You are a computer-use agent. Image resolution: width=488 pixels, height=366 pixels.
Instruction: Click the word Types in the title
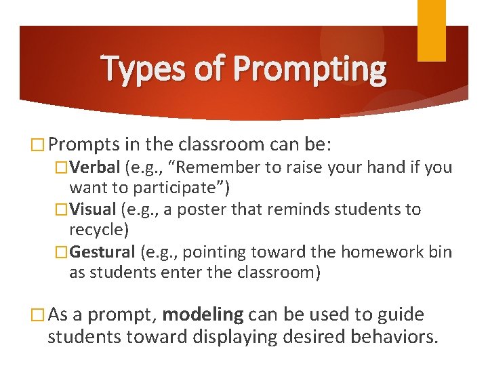pos(140,70)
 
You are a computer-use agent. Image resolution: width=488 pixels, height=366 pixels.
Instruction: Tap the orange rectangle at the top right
pos(431,30)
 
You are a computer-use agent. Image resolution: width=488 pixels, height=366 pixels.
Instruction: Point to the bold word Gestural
pos(103,252)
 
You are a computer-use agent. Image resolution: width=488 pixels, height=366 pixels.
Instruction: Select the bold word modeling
pos(203,314)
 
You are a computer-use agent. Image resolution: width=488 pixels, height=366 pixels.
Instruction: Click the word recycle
pos(98,230)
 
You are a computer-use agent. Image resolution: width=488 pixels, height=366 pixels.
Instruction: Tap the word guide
pos(400,314)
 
